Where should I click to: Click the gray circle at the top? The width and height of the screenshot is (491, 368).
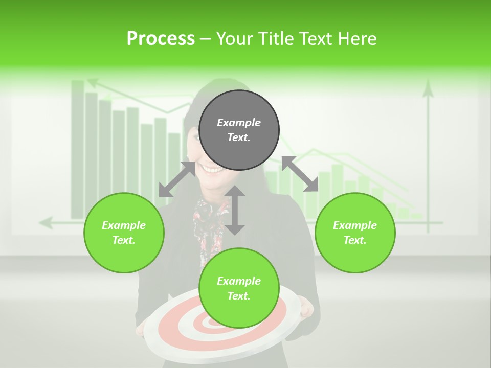[239, 130]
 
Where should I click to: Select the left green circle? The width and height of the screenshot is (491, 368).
[124, 233]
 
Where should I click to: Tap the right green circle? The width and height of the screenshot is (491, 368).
[355, 233]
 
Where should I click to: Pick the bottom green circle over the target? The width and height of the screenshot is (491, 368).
[239, 288]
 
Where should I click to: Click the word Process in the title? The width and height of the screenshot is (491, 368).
[161, 39]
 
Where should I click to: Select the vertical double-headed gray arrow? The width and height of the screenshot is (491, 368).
[235, 210]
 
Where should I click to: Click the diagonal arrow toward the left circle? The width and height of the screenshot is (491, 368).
[177, 179]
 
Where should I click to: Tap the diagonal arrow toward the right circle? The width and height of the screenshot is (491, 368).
[300, 174]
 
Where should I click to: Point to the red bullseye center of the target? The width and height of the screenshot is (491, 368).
[211, 323]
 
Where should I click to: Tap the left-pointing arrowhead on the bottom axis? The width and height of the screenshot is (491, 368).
[46, 223]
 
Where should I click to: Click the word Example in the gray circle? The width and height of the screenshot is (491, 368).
[239, 123]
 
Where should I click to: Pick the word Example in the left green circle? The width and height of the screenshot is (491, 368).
[124, 225]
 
